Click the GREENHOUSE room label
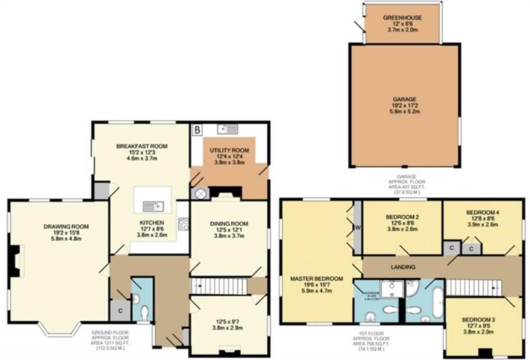point(402,18)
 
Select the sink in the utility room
point(227,129)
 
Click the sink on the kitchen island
point(154,206)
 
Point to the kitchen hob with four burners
point(183,224)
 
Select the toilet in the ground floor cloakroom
point(144,313)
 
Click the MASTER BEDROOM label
point(316,279)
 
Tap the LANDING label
point(403,267)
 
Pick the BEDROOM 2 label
point(402,217)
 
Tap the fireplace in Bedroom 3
point(485,352)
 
